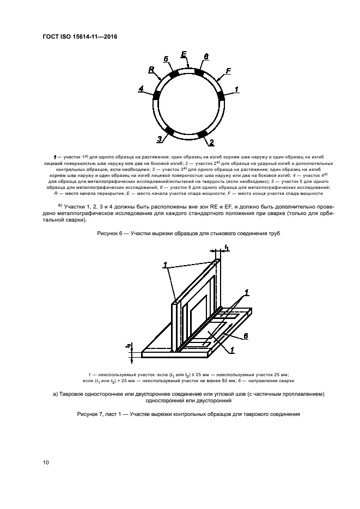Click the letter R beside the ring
151,70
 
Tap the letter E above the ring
184,54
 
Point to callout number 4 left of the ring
141,89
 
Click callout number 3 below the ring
160,139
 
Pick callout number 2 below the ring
210,143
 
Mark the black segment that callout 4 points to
157,94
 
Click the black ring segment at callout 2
202,133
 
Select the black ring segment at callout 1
221,96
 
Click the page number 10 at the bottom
46,463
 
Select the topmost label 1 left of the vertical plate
164,265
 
